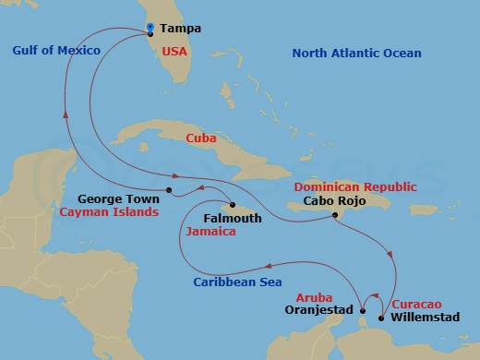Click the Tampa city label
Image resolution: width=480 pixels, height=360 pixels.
[180, 29]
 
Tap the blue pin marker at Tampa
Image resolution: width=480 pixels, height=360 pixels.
[150, 27]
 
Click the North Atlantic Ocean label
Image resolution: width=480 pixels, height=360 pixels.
[356, 54]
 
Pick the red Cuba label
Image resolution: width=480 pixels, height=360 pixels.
[201, 138]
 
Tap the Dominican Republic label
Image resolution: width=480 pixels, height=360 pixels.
[355, 186]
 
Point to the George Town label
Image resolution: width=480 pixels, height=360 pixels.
[113, 198]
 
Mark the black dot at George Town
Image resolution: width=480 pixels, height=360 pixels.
[170, 191]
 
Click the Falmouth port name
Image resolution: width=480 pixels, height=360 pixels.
[233, 219]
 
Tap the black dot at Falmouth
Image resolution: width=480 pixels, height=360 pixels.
[233, 205]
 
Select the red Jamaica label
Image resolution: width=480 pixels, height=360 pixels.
[210, 233]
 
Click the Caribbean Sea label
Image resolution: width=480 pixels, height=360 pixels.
[237, 282]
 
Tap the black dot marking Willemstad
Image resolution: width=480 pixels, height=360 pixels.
[383, 318]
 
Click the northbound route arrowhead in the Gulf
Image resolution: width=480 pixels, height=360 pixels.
[66, 106]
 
